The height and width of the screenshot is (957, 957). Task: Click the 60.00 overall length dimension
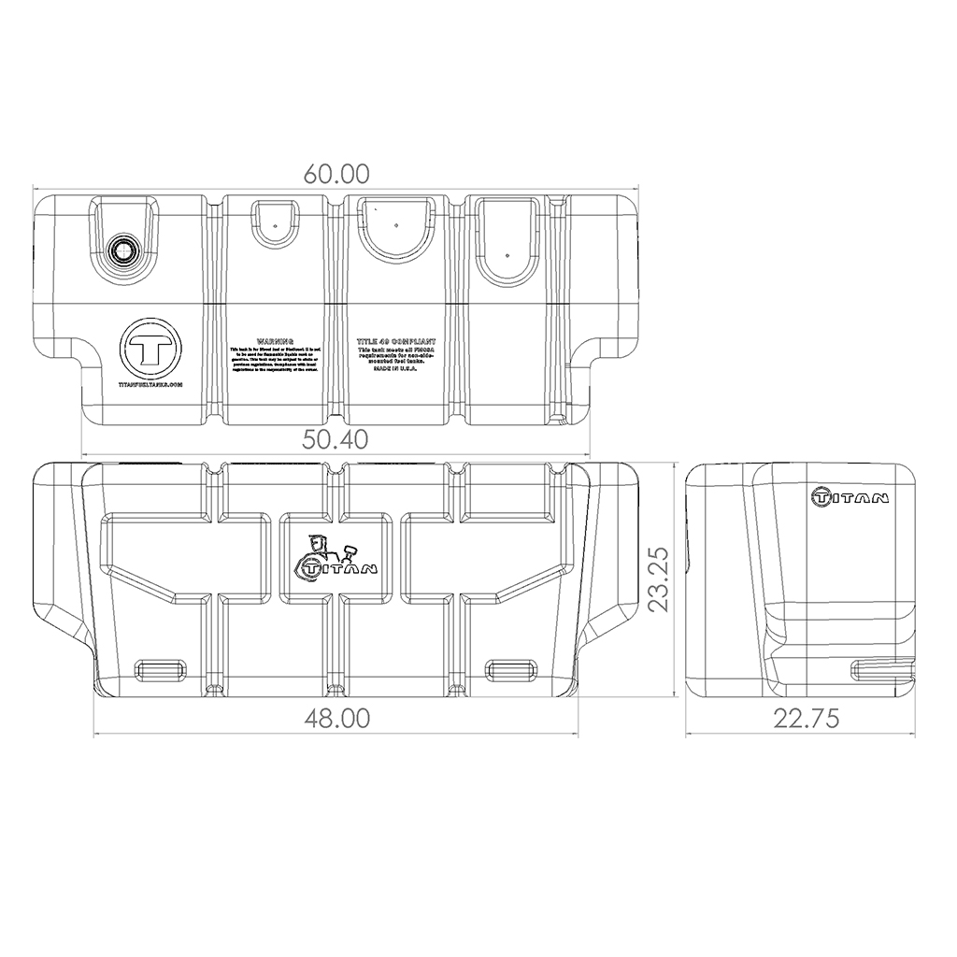click(336, 174)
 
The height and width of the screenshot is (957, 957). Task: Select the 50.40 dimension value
click(336, 438)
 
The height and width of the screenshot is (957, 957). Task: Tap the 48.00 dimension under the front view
click(336, 718)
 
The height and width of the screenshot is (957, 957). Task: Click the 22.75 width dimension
click(806, 718)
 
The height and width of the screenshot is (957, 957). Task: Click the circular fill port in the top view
click(122, 249)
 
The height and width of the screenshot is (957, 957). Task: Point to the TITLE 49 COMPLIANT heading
click(397, 343)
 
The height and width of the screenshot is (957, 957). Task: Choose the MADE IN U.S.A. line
click(397, 370)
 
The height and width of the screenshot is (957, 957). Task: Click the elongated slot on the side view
click(883, 669)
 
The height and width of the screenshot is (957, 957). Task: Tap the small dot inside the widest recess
click(396, 225)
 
